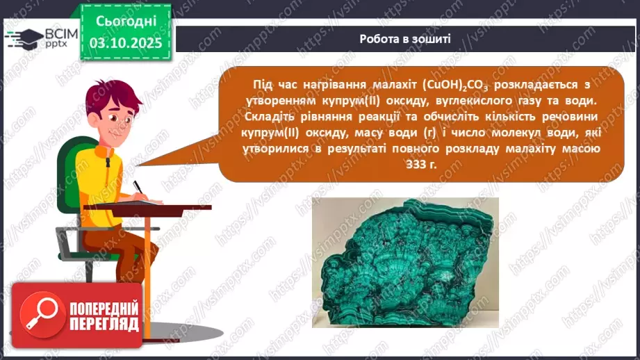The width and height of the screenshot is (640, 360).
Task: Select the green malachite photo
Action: (405, 262)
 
